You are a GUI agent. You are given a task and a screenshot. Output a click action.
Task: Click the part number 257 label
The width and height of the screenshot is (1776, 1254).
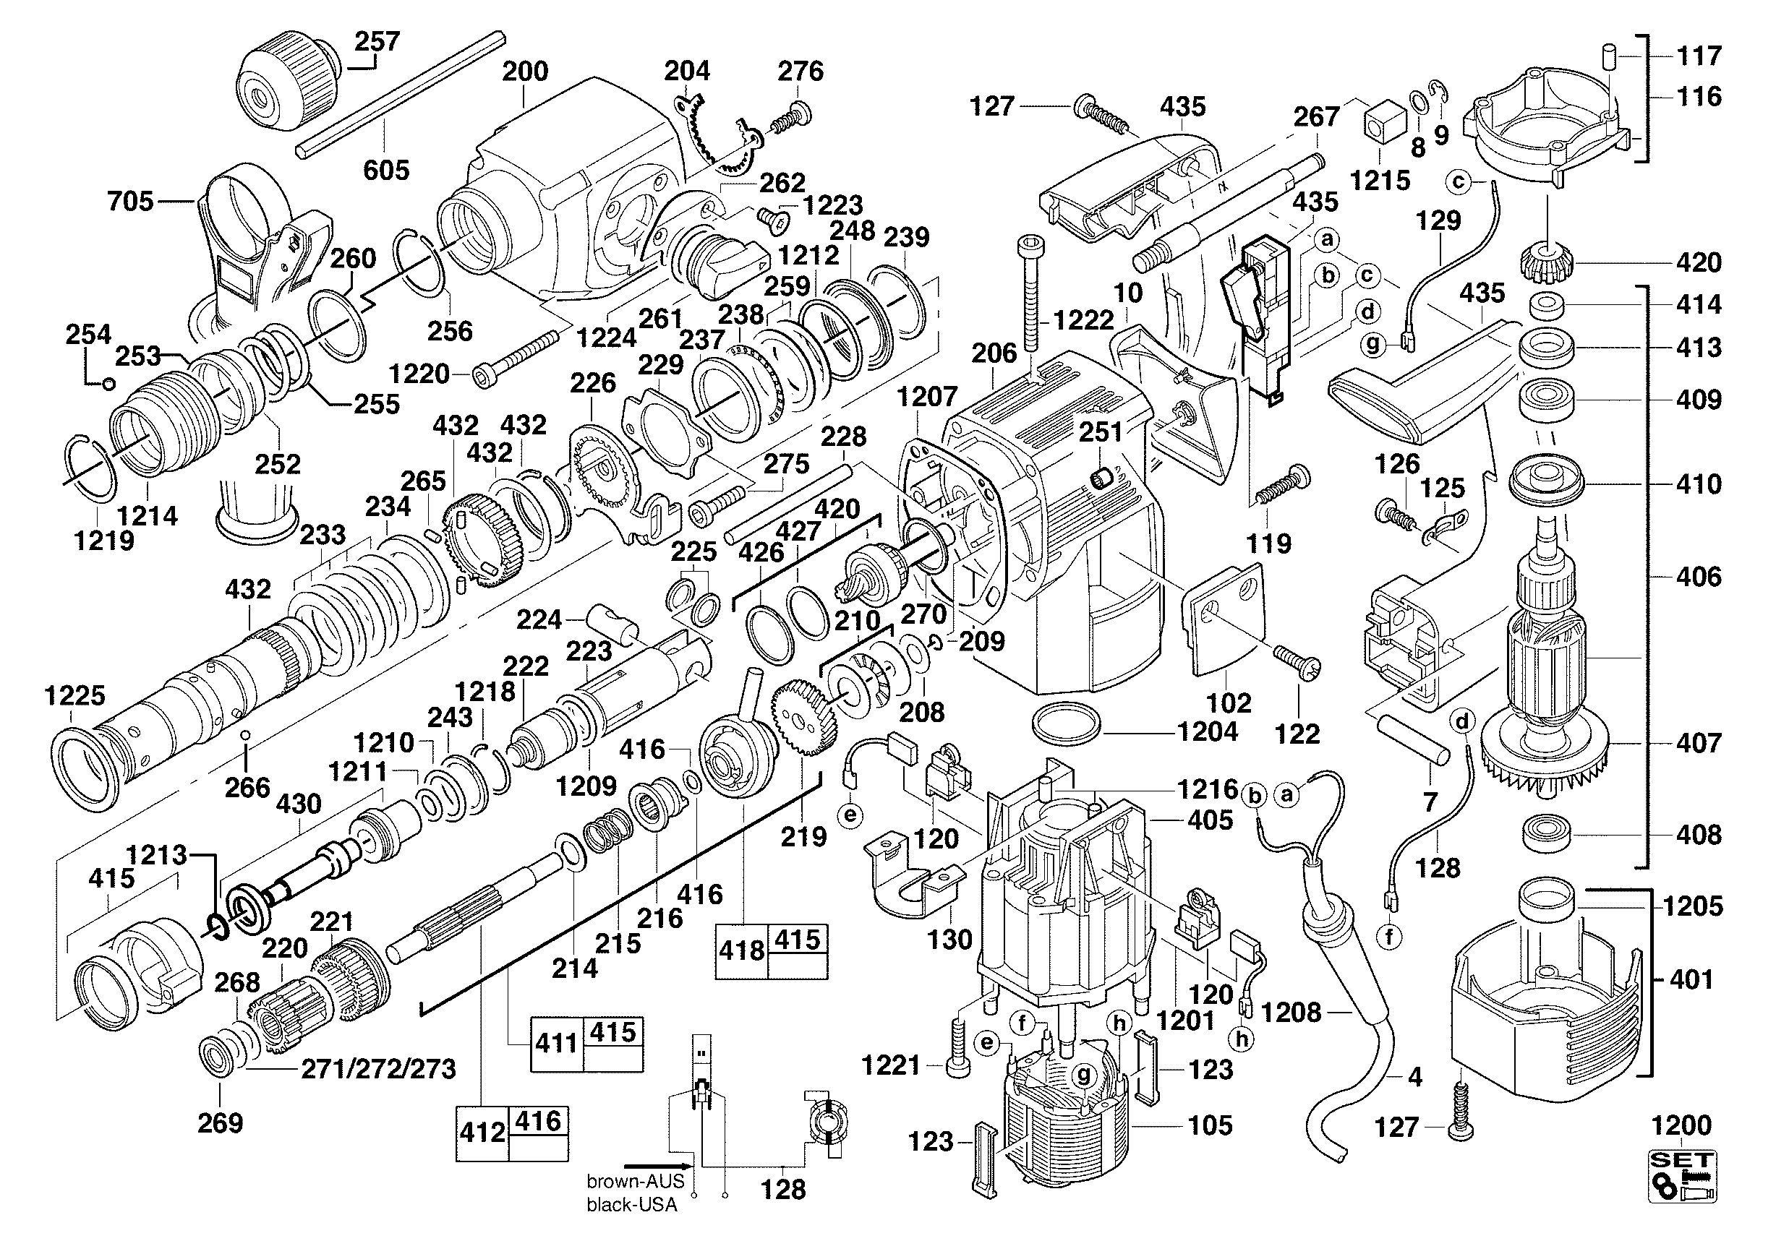click(x=377, y=41)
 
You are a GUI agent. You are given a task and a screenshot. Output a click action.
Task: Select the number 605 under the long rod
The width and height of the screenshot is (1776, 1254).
click(x=386, y=170)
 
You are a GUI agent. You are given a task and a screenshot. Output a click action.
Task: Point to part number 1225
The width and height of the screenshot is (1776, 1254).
click(x=75, y=696)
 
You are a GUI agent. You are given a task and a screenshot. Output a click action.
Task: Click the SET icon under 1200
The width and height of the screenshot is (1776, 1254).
click(x=1683, y=1177)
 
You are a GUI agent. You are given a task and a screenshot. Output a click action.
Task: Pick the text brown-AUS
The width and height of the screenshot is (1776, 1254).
click(x=635, y=1180)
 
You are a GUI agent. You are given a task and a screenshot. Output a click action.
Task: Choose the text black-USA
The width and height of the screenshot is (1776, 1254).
click(x=631, y=1205)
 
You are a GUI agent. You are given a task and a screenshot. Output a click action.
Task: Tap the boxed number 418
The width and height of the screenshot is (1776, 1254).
click(x=742, y=950)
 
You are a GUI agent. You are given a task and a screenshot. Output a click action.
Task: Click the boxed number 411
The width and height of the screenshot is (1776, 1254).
click(x=557, y=1043)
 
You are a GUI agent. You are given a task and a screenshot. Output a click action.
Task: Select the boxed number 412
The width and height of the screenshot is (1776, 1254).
click(x=482, y=1133)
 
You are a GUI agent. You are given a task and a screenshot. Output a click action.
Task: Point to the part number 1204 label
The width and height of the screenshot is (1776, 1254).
click(x=1208, y=731)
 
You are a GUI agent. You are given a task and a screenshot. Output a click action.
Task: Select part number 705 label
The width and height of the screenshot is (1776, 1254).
click(x=131, y=202)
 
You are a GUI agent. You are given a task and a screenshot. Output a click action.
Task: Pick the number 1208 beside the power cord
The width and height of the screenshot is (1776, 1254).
click(x=1291, y=1012)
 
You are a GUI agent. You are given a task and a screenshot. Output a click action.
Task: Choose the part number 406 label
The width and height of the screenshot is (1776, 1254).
click(x=1699, y=576)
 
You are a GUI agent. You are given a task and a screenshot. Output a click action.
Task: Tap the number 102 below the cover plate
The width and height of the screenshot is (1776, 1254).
click(x=1229, y=703)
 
